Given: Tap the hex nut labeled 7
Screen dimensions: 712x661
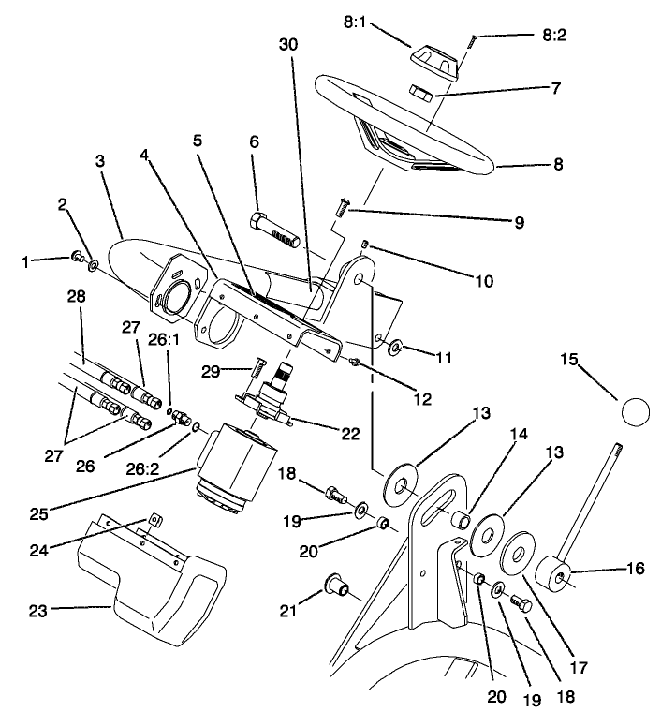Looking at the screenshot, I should click(421, 93).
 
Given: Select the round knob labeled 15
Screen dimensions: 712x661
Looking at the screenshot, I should click(634, 411).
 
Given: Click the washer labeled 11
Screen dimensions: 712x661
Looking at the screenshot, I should click(395, 349).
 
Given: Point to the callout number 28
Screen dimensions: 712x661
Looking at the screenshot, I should click(77, 296).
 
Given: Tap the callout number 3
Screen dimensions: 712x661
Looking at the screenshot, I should click(100, 161).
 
